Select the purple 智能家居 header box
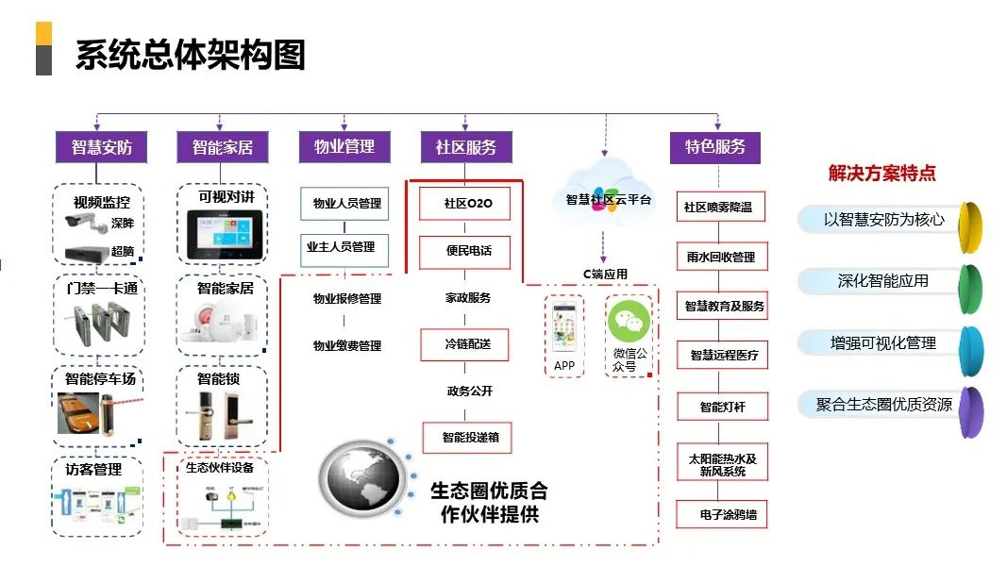click(222, 147)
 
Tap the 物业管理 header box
click(344, 146)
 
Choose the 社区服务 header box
click(465, 147)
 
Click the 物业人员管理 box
click(344, 203)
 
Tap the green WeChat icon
click(629, 323)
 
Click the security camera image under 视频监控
click(86, 224)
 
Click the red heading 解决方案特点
click(881, 174)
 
